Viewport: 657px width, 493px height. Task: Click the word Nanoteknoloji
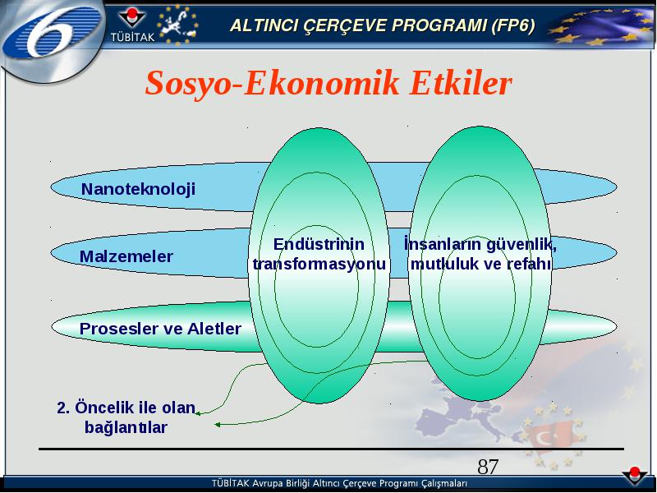(138, 189)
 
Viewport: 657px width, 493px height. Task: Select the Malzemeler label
(126, 256)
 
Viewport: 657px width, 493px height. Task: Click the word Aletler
(214, 329)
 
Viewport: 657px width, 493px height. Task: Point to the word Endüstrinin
(319, 244)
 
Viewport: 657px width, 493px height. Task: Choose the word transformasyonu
(319, 264)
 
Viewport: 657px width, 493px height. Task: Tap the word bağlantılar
(126, 427)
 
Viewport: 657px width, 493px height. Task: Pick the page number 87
(488, 467)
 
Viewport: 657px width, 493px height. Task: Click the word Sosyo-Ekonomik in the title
(273, 83)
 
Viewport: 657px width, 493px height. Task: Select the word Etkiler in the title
(461, 83)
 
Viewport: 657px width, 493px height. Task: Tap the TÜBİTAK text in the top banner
(132, 37)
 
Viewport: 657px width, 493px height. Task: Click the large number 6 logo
(52, 34)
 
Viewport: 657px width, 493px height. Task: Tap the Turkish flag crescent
(544, 439)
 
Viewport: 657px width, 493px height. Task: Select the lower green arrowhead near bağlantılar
(217, 425)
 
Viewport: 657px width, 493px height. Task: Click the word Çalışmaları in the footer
(444, 483)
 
